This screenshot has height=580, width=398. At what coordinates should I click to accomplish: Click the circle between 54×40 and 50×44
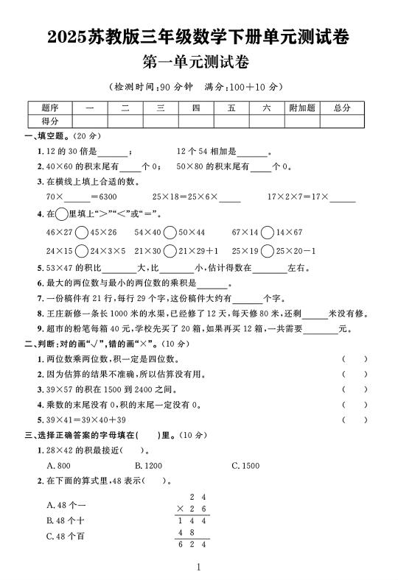(170, 233)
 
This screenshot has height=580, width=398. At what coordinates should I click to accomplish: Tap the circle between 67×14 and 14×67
(268, 233)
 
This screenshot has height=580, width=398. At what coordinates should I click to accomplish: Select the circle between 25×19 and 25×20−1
(268, 251)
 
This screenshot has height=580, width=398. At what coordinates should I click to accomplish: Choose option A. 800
(58, 466)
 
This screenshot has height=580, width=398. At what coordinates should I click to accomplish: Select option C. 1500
(245, 466)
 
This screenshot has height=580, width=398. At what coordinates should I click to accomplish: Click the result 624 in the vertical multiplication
(192, 545)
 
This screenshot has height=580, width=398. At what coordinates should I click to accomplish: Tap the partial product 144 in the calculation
(192, 520)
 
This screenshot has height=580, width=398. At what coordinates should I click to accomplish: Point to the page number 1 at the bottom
(199, 567)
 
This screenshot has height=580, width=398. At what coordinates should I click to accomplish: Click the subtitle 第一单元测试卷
(199, 61)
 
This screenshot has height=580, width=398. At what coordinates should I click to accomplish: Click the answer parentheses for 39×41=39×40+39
(355, 420)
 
